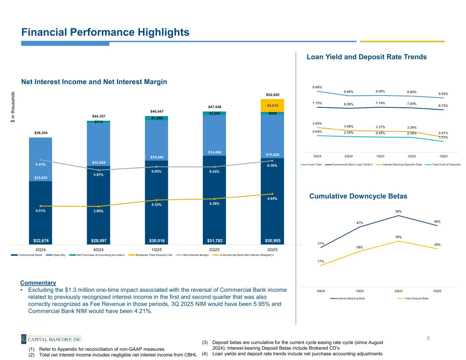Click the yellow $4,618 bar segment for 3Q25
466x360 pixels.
point(272,105)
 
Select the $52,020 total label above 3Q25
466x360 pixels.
point(272,95)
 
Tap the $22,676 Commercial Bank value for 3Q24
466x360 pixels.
point(41,241)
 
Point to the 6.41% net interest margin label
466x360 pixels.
point(41,164)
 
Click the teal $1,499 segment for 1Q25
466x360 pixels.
point(156,118)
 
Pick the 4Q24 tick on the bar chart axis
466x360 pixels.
point(98,249)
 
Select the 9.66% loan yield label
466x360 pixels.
point(317,87)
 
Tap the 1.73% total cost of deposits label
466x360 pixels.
point(443,137)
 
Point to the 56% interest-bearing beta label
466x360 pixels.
point(398,212)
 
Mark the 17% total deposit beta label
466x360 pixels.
point(321,261)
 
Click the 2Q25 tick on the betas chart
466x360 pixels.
point(398,291)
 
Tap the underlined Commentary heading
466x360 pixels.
point(38,283)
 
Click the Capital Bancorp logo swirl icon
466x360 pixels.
point(24,339)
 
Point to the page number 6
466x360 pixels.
point(428,339)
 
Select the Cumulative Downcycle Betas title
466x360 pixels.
point(358,196)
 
